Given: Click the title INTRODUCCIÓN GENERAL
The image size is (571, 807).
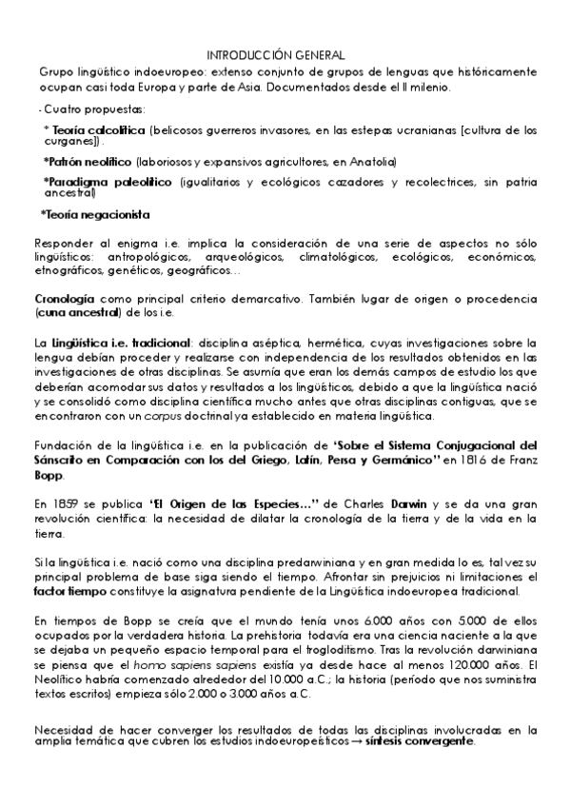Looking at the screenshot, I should pyautogui.click(x=275, y=56).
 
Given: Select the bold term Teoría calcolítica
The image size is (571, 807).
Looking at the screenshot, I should pyautogui.click(x=98, y=128).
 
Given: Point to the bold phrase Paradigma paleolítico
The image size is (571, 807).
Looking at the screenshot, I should pyautogui.click(x=108, y=181).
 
